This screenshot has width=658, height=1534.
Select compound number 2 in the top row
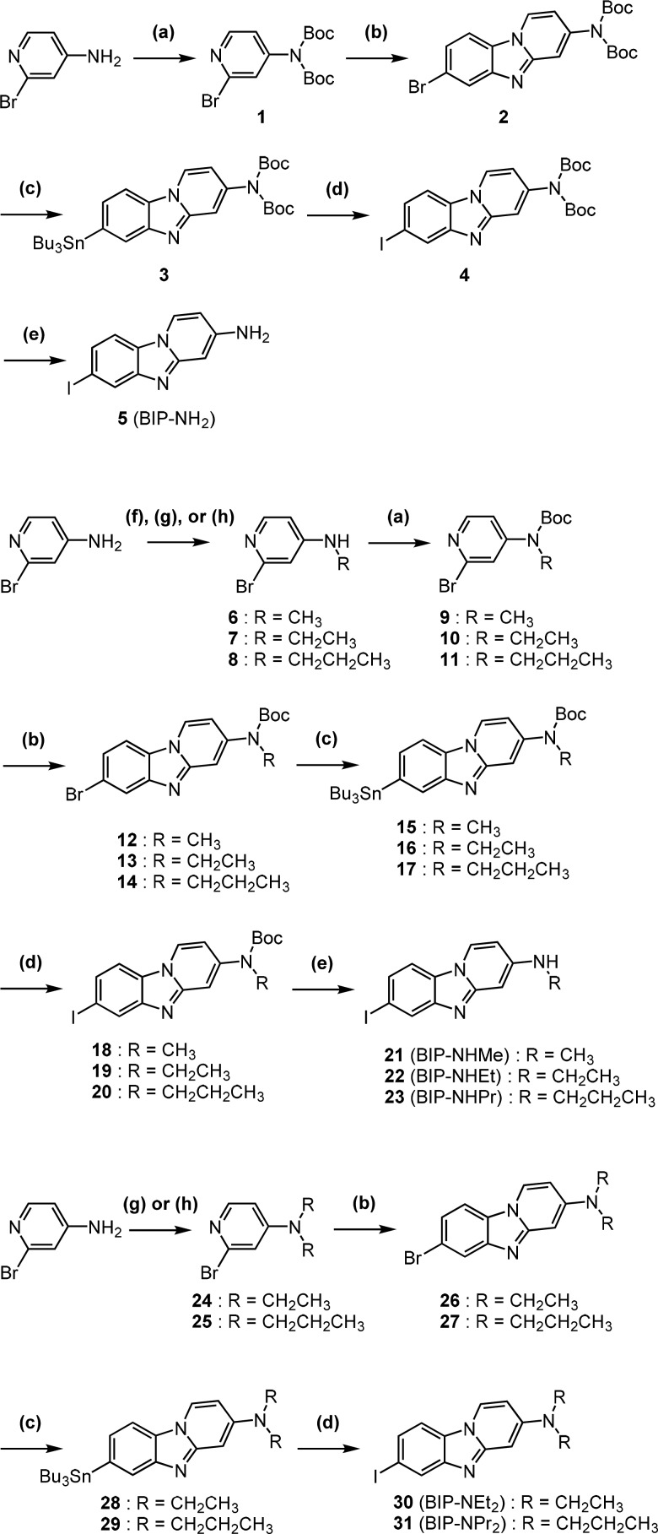pos(503,117)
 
